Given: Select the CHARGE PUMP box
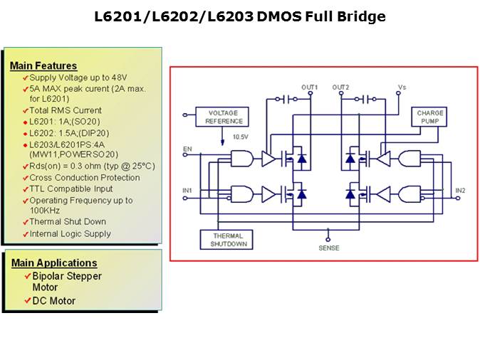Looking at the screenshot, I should [430, 117].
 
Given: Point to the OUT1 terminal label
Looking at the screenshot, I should [310, 88].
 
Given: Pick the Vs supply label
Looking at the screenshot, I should [402, 88].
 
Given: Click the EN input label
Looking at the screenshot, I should [187, 149].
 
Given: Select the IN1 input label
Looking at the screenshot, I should [187, 190].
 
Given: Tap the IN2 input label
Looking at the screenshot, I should [460, 190].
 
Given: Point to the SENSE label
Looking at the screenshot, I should [329, 248].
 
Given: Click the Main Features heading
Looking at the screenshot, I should [43, 65].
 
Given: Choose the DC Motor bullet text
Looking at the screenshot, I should [54, 301].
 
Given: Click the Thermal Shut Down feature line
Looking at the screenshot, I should [68, 222].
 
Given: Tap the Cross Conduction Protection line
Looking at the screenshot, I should [85, 177].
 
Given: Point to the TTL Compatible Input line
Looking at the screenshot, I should [71, 189].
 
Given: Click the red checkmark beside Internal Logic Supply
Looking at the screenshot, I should [25, 234].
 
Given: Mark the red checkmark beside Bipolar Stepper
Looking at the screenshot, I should [27, 276].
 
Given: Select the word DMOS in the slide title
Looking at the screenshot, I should [279, 17].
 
